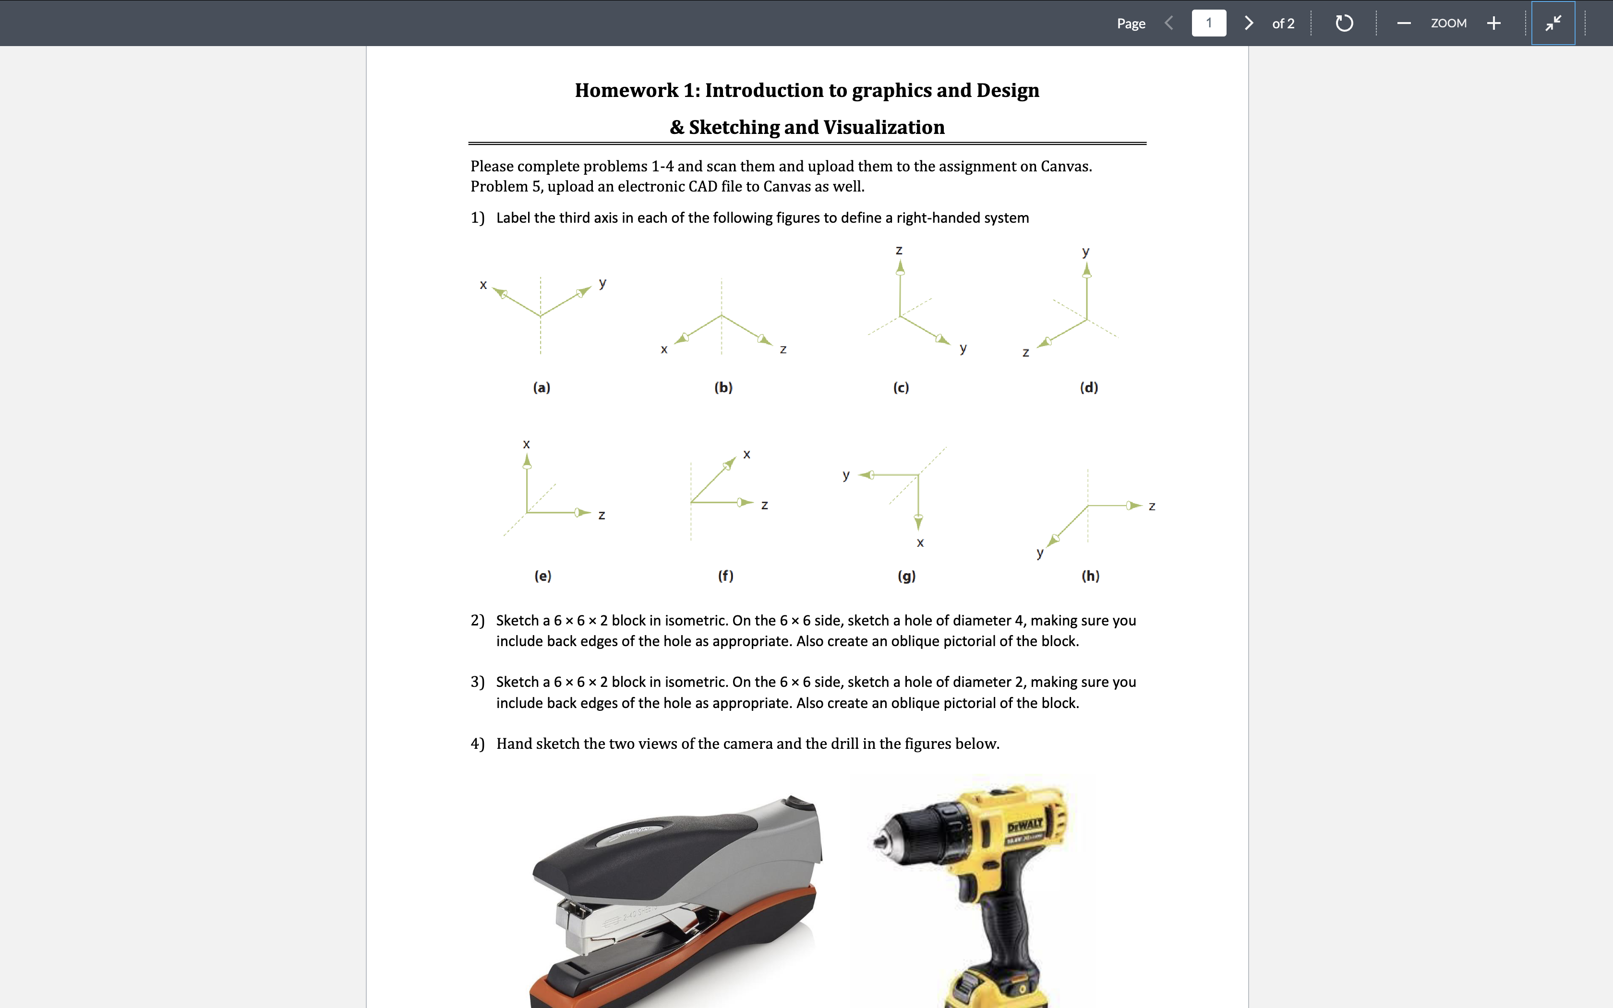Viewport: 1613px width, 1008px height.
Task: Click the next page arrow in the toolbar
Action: [x=1249, y=24]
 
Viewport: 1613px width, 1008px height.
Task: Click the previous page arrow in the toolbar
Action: [x=1169, y=24]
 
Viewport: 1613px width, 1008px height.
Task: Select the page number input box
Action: [x=1208, y=24]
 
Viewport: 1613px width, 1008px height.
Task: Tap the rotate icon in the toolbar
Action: [x=1344, y=24]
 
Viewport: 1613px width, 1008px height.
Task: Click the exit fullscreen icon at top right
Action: [x=1553, y=24]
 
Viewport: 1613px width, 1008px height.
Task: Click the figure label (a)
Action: [x=541, y=387]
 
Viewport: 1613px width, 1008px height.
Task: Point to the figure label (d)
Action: [x=1088, y=387]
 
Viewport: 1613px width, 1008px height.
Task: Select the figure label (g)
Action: [x=906, y=576]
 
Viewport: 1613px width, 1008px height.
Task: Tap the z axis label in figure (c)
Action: [x=899, y=250]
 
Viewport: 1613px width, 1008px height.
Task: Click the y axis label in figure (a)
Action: [x=602, y=283]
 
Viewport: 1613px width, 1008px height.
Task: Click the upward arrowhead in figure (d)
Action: [x=1086, y=269]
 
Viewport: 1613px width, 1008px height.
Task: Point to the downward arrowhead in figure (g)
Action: [x=918, y=523]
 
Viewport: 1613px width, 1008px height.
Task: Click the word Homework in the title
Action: [x=626, y=90]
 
